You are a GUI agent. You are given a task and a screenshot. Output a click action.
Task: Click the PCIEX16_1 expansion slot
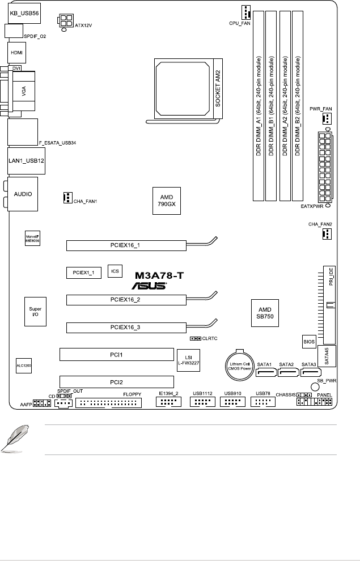[126, 245]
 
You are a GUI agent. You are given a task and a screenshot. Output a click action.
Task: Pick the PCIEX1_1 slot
[83, 273]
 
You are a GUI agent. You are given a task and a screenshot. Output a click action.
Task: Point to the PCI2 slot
[116, 381]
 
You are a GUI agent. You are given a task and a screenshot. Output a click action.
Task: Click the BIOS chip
[308, 342]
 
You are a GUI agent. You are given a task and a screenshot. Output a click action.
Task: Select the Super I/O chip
[35, 312]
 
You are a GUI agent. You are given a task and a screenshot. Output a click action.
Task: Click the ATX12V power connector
[65, 21]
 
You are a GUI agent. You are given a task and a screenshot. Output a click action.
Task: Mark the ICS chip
[115, 271]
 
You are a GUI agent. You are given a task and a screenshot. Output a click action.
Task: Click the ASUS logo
[149, 286]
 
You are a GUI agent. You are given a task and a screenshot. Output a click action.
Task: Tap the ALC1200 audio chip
[23, 366]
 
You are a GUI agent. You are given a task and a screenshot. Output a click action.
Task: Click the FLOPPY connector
[108, 403]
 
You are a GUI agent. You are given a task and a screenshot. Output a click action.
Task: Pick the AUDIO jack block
[23, 193]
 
